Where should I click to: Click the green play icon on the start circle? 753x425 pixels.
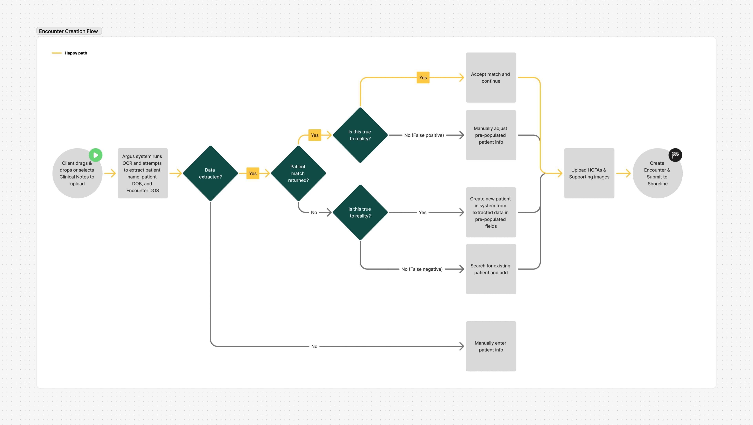point(95,155)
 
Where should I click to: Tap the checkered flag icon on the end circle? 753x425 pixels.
point(675,155)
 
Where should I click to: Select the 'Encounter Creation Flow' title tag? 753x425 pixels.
point(69,31)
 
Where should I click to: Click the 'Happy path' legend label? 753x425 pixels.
point(76,53)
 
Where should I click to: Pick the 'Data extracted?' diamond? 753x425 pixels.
point(210,173)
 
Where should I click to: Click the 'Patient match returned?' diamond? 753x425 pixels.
point(298,173)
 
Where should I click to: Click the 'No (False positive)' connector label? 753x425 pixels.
point(424,135)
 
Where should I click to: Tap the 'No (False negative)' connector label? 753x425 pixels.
point(422,269)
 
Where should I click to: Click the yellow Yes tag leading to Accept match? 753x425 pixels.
point(423,78)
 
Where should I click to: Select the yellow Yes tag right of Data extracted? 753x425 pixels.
point(253,173)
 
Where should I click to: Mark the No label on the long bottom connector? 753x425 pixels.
point(314,346)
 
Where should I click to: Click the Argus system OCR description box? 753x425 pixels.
point(142,173)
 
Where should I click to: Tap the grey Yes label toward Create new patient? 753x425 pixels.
point(422,212)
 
